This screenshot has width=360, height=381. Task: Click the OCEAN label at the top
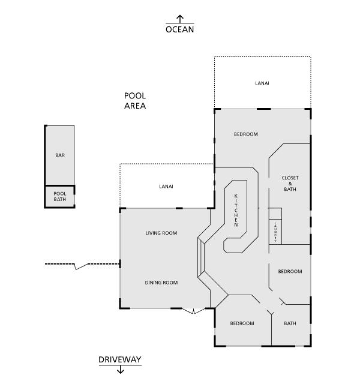click(x=180, y=29)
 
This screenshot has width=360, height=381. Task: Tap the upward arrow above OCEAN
click(x=180, y=19)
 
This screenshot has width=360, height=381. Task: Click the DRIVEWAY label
click(x=120, y=359)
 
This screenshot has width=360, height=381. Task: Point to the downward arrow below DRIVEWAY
click(x=120, y=370)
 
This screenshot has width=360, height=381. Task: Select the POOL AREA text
click(x=135, y=101)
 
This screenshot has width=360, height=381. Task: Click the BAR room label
click(x=60, y=155)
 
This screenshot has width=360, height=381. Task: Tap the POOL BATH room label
click(x=60, y=196)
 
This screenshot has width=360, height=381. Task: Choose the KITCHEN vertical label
click(x=236, y=211)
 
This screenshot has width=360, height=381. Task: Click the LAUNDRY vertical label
click(x=275, y=232)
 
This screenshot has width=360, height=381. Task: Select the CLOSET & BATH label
click(x=290, y=184)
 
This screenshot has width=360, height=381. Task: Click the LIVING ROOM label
click(x=161, y=233)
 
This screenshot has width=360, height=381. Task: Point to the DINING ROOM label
click(x=161, y=283)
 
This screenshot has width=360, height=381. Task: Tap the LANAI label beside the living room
click(x=166, y=187)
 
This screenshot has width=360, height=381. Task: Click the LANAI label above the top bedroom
click(x=262, y=83)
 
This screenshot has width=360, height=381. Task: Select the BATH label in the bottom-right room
click(x=290, y=323)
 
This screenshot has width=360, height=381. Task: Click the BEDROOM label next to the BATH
click(x=242, y=323)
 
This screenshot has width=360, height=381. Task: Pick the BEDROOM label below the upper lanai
click(x=246, y=134)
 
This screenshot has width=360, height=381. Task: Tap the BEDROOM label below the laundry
click(x=290, y=271)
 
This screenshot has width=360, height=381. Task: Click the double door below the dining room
click(x=193, y=311)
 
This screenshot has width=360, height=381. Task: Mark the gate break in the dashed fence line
click(x=81, y=266)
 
